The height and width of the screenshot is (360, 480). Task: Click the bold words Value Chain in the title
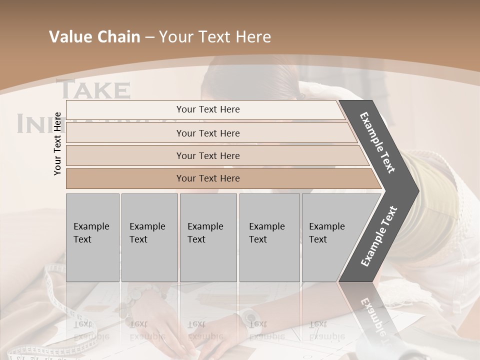pos(94,37)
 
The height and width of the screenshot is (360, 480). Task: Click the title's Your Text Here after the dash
pos(215,37)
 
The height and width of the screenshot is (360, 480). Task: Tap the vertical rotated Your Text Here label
pos(58,143)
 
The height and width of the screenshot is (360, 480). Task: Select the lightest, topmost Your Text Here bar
pos(207,109)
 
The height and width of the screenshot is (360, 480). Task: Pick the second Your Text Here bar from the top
pos(207,133)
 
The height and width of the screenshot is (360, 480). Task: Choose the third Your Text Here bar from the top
pos(207,155)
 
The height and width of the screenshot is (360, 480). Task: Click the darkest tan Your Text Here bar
pos(207,178)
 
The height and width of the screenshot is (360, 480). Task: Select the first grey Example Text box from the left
pos(92,237)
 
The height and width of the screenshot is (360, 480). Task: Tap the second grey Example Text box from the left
pos(149,237)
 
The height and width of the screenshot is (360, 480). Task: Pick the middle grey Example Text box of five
pos(208,237)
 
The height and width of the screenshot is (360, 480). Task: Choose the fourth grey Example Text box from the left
pos(269,237)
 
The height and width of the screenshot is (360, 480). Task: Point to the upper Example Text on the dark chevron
pos(378,142)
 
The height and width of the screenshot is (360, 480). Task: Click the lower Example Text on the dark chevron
pos(379,236)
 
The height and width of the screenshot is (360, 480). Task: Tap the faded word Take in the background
pos(95,90)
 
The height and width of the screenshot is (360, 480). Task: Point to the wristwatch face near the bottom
pos(249,316)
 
